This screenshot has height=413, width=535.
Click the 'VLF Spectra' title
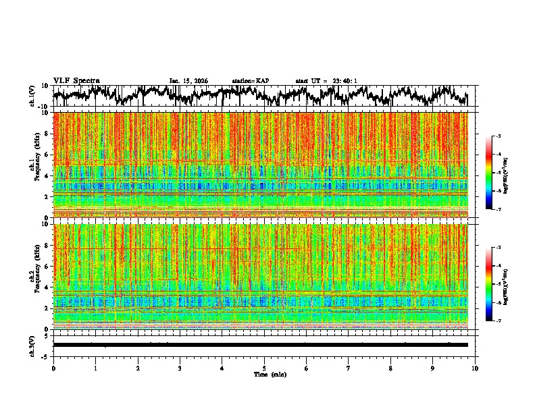tap(76, 81)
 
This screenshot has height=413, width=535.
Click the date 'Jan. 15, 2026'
tap(188, 81)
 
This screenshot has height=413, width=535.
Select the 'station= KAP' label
tap(250, 81)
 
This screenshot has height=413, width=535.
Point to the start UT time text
tap(326, 81)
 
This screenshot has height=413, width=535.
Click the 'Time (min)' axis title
tap(264, 374)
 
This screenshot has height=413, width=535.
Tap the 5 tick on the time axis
tap(264, 368)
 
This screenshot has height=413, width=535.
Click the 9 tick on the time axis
tap(433, 368)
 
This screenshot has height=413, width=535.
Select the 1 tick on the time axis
tap(95, 368)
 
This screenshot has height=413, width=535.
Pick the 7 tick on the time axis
tap(349, 368)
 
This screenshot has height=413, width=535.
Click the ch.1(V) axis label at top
tap(32, 97)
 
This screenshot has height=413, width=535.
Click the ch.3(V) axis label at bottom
tap(32, 345)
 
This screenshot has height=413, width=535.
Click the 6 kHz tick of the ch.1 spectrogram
tap(47, 155)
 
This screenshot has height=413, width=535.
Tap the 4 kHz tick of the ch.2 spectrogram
tap(47, 287)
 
